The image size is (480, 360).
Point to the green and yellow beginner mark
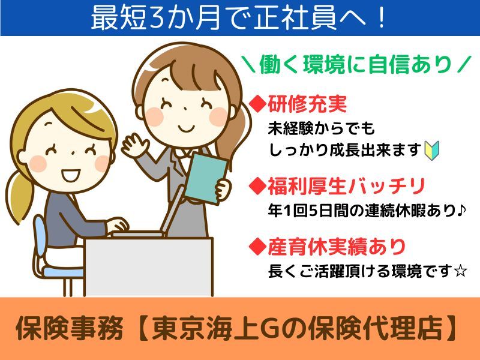tap(431, 149)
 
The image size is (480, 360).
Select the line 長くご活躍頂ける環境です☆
tap(367, 271)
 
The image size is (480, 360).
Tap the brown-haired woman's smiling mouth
tap(187, 127)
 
